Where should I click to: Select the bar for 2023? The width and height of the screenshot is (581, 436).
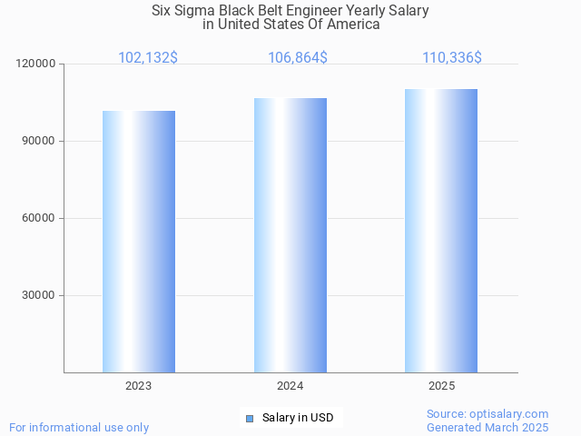(139, 242)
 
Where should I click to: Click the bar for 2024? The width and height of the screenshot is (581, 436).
(290, 234)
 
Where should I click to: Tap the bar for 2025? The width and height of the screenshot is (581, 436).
(441, 230)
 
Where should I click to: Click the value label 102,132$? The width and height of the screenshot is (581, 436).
(148, 58)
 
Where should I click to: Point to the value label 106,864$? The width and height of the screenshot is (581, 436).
(298, 58)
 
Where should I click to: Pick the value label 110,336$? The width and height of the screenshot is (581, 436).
(452, 58)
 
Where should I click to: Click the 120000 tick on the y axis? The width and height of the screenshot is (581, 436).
(36, 64)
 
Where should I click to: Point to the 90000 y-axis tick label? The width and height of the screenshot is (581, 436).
(39, 141)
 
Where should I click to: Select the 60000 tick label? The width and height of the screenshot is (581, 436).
(39, 218)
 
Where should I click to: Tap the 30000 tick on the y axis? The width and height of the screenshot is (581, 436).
(39, 295)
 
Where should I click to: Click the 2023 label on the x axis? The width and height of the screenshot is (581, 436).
(139, 386)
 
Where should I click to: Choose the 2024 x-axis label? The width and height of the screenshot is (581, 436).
(290, 386)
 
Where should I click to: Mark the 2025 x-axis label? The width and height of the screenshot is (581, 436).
(442, 386)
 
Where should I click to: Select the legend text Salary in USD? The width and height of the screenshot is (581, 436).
(298, 418)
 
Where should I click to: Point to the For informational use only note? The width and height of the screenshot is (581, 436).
(79, 427)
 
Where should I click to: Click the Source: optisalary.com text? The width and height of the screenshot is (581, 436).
(487, 413)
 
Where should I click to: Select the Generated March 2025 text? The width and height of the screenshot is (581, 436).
(487, 427)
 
